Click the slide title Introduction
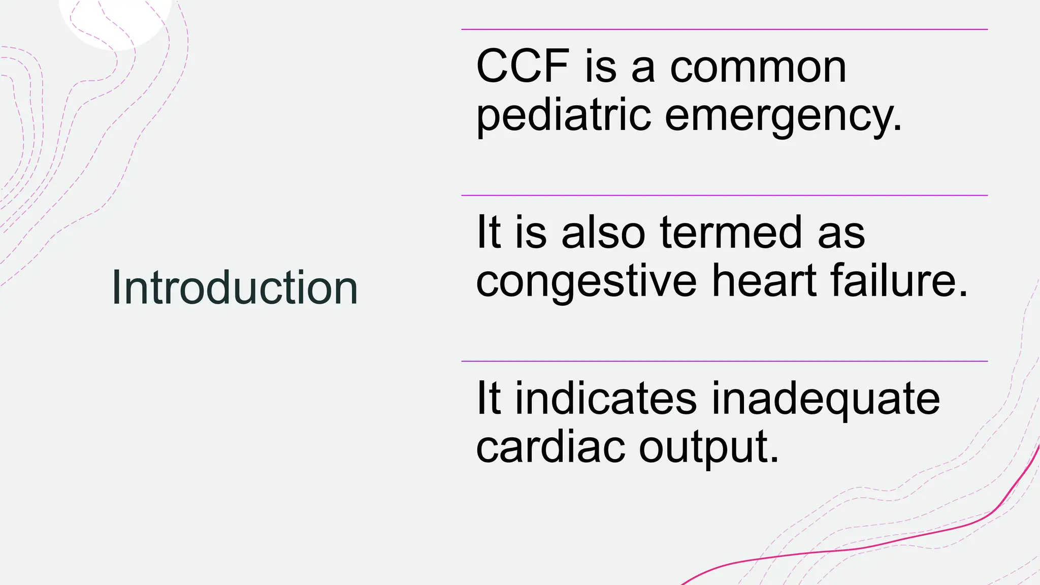(235, 288)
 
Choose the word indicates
(606, 398)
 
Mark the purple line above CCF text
(724, 29)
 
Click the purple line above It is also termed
(724, 195)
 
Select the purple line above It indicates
(724, 361)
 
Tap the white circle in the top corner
(115, 20)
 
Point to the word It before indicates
(488, 398)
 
